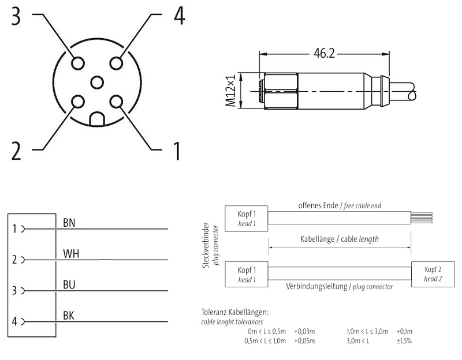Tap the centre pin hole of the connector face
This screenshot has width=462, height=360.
click(x=96, y=82)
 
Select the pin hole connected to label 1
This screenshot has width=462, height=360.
click(x=117, y=102)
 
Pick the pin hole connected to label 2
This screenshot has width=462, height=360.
click(x=77, y=102)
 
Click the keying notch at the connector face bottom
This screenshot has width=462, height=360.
click(x=96, y=119)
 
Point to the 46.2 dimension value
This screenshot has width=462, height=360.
click(x=324, y=54)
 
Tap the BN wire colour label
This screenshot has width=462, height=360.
click(x=69, y=222)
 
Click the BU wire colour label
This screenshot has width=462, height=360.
click(x=69, y=285)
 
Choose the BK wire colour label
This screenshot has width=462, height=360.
click(x=69, y=316)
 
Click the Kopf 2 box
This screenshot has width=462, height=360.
click(x=433, y=274)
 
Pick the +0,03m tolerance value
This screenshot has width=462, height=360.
click(x=304, y=331)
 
